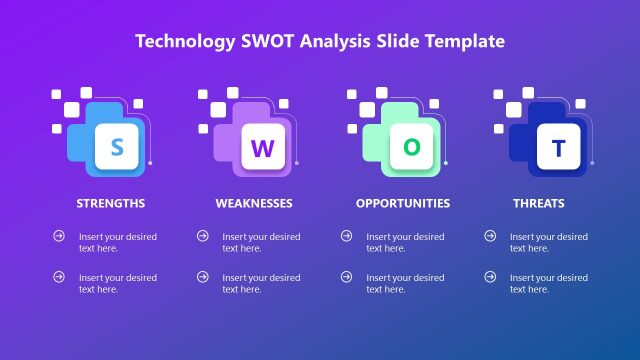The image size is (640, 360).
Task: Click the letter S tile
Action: click(x=117, y=148)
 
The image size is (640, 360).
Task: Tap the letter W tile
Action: click(x=261, y=148)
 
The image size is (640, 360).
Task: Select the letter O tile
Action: click(x=412, y=146)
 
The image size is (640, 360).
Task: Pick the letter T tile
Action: click(x=559, y=148)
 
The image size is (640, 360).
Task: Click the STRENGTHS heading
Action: click(x=111, y=203)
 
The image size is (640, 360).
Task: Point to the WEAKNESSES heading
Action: click(x=254, y=203)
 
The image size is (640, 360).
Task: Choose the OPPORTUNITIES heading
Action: click(x=403, y=203)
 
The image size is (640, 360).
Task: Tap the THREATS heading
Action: click(x=539, y=203)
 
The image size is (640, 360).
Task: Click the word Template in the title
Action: click(x=466, y=41)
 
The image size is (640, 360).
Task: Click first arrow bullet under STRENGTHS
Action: click(x=59, y=236)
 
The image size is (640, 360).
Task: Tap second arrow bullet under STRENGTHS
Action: click(x=59, y=276)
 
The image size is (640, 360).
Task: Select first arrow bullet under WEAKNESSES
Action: click(x=203, y=236)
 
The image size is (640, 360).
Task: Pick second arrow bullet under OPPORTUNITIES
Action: click(x=346, y=276)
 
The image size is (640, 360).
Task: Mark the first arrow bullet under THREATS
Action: click(x=490, y=236)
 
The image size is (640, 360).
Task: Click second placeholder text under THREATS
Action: click(x=548, y=283)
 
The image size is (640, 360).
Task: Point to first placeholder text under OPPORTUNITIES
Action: click(x=405, y=243)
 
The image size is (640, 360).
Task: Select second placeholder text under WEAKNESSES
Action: click(x=261, y=283)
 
